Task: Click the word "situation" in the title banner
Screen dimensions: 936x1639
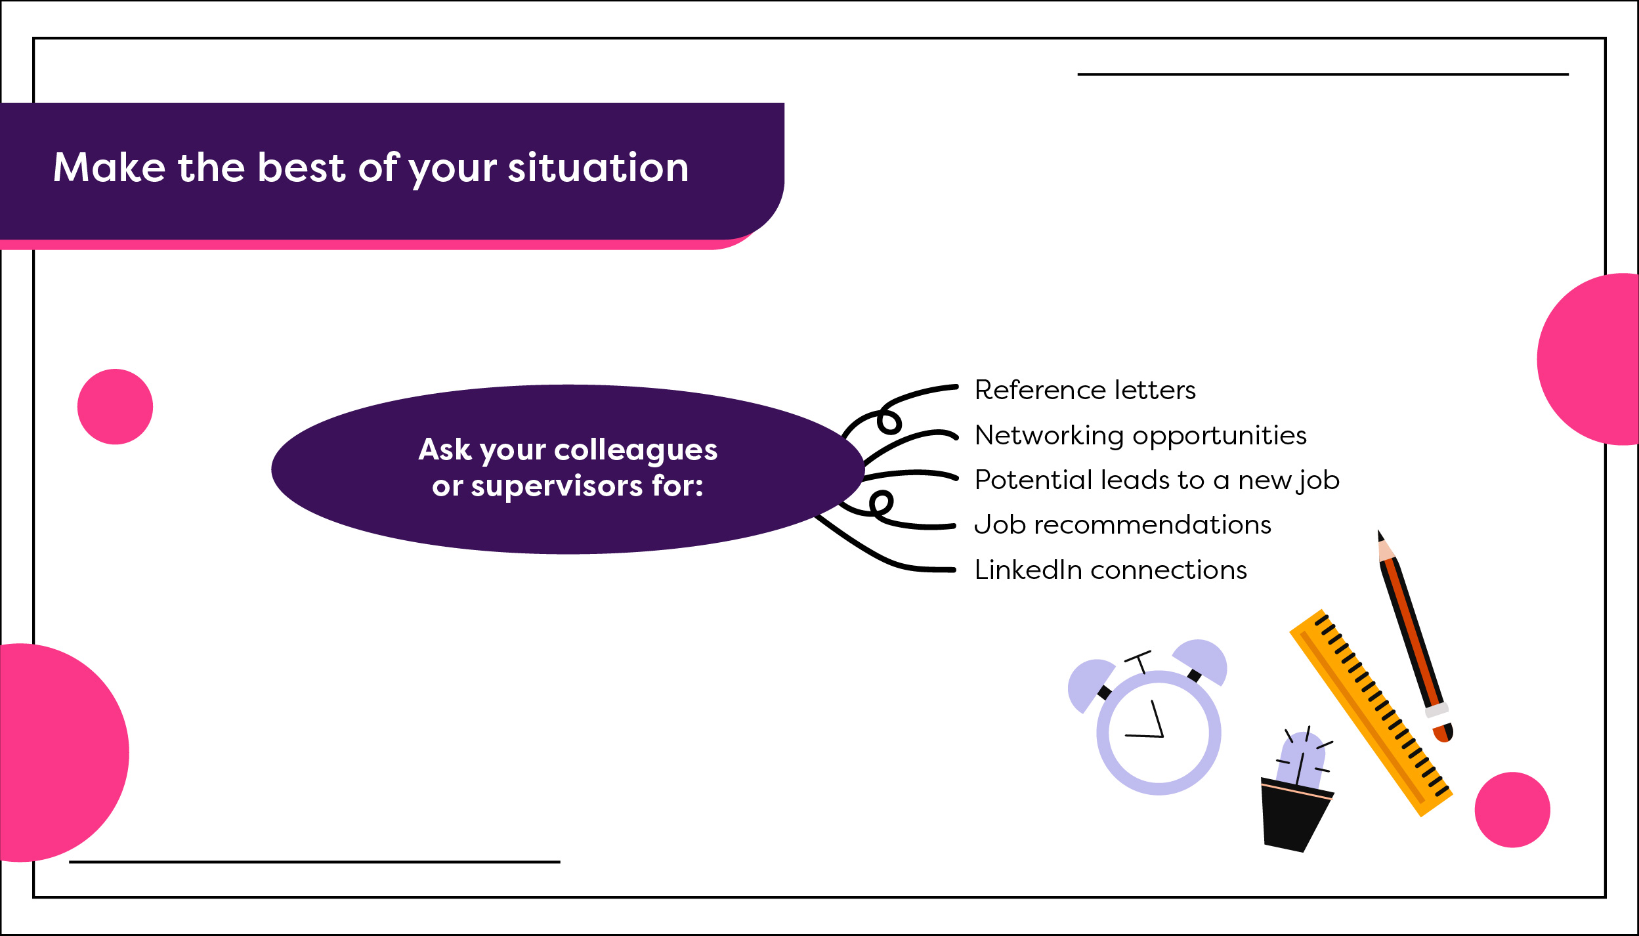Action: (598, 167)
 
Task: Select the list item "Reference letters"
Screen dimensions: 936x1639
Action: (1084, 390)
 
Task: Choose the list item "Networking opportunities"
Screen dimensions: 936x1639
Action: (1140, 435)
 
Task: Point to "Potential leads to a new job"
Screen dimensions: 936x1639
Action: (1157, 480)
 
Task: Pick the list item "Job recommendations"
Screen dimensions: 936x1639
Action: (1122, 524)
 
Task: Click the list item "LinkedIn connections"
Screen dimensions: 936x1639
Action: (1111, 570)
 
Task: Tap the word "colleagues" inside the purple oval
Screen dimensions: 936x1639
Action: (635, 450)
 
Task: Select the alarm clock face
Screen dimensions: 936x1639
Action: (1159, 733)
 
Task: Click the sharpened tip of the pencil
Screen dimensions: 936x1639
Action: (1380, 536)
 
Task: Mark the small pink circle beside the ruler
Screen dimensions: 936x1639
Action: (1512, 810)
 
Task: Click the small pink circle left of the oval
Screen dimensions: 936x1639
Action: (115, 407)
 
